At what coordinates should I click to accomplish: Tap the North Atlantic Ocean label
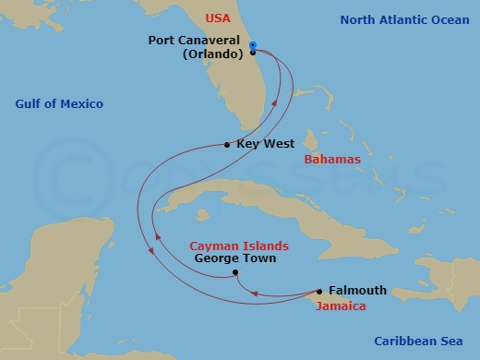405,19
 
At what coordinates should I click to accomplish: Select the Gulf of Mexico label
59,103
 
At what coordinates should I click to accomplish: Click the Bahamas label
332,159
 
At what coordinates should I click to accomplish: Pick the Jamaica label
341,306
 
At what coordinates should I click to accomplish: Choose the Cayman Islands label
239,246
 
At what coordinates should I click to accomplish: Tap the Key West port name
266,144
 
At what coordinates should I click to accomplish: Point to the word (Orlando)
208,54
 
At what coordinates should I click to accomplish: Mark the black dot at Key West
227,144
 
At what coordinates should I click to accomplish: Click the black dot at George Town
235,272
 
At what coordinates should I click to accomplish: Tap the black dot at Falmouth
319,290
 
